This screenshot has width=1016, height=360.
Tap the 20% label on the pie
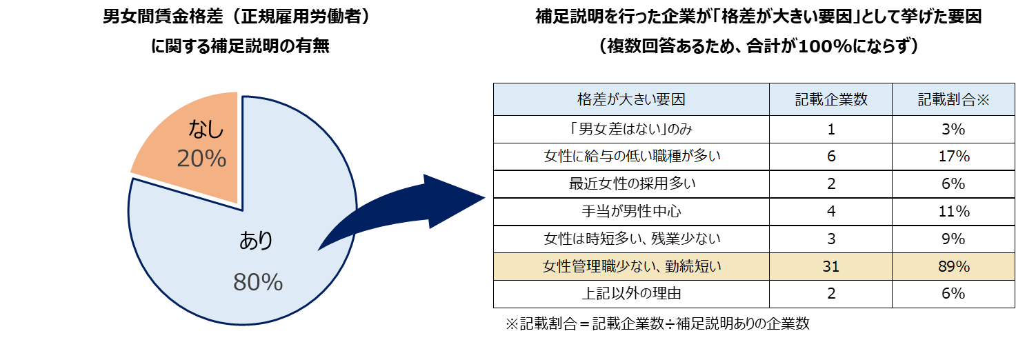(201, 159)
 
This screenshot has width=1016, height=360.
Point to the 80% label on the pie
(258, 282)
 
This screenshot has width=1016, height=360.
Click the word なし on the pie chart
(206, 129)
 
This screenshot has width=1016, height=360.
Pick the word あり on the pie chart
(257, 241)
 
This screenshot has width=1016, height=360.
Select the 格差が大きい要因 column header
(631, 99)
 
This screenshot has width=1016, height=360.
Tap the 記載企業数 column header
(830, 99)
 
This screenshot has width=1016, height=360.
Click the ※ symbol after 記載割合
(983, 99)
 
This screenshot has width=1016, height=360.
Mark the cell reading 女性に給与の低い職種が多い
(632, 157)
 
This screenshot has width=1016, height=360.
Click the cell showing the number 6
(830, 157)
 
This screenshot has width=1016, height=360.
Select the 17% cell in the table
(954, 157)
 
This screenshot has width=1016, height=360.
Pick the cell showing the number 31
(830, 267)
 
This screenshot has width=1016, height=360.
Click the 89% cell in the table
(954, 267)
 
